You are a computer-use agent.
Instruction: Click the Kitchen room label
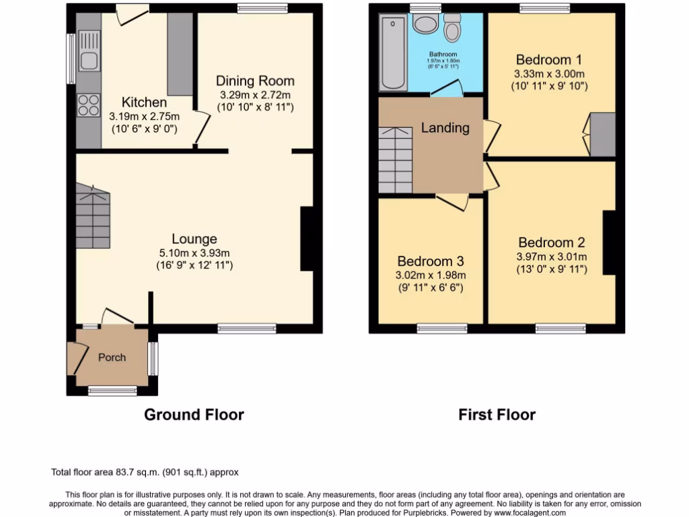coord(144,102)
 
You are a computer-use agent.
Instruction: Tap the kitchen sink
coord(89,59)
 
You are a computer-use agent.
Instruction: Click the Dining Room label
coord(255,81)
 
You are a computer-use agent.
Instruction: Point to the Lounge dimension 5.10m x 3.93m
coord(194,252)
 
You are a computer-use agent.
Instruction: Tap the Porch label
coord(112,357)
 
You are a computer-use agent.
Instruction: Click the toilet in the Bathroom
coord(452,28)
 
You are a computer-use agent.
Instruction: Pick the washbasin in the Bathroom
coord(425,26)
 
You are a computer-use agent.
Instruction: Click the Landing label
coord(445,127)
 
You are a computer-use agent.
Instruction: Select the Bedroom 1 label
coord(549,59)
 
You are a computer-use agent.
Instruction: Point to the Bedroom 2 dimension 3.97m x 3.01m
coord(551,256)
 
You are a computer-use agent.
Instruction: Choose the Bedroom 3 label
coord(430,261)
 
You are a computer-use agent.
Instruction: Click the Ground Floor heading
coord(194,415)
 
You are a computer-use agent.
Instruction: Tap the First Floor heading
coord(497,415)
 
